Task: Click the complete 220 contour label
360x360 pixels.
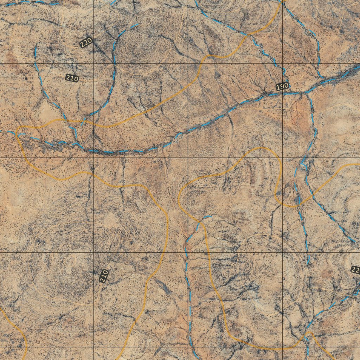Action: pos(86,43)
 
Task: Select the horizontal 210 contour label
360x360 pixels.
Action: pos(72,78)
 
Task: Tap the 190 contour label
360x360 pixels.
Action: pos(282,86)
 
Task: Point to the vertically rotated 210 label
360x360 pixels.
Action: pos(104,276)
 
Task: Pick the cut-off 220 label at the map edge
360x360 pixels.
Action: pos(356,270)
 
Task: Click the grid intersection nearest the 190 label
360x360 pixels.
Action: pos(283,63)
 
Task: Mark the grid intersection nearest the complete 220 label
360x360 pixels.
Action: pos(93,63)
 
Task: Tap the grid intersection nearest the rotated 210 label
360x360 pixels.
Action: pos(93,252)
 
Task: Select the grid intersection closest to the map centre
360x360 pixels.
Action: pos(188,158)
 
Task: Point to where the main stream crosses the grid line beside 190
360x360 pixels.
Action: pos(283,94)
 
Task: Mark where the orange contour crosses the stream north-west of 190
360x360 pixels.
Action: pos(248,34)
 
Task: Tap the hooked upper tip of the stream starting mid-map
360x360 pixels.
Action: pos(210,217)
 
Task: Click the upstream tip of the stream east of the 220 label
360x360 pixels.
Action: pos(138,24)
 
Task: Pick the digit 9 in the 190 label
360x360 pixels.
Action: pos(282,86)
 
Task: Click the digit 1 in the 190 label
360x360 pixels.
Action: pos(278,87)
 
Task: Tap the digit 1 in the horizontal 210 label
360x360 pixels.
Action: pos(72,78)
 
